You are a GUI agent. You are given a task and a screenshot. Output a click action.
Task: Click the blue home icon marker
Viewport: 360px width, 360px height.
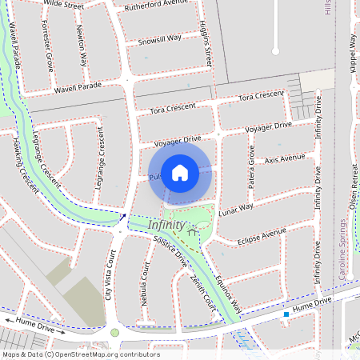(180, 172)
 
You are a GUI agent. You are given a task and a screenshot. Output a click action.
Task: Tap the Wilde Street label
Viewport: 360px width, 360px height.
(64, 5)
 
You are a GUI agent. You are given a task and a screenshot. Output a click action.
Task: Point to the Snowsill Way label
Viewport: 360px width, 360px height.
(159, 38)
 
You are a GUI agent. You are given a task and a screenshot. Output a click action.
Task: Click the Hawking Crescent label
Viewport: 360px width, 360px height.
(25, 163)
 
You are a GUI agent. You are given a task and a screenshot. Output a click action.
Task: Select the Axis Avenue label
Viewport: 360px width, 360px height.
(285, 158)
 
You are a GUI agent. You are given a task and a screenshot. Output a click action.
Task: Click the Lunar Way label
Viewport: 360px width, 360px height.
(236, 207)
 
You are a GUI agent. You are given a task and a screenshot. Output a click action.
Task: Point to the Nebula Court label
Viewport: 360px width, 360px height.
(146, 282)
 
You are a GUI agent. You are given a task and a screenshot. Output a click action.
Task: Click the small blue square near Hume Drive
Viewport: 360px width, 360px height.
(286, 314)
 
